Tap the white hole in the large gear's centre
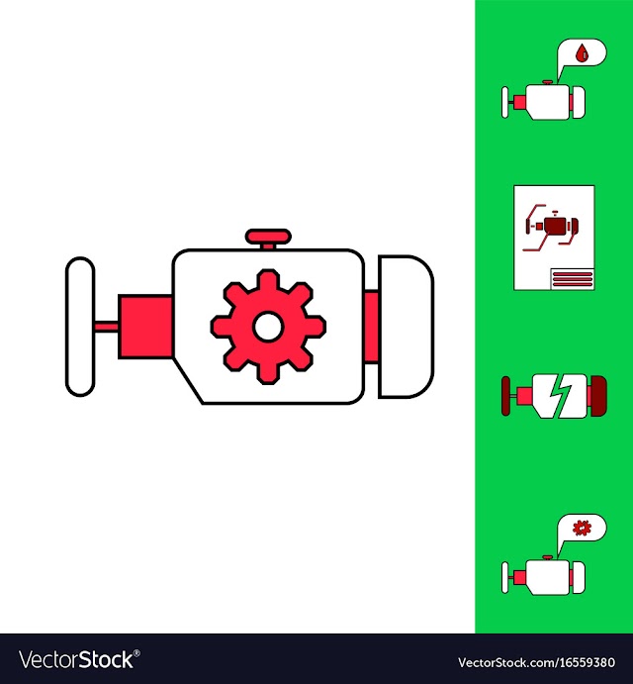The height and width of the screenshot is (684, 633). (268, 327)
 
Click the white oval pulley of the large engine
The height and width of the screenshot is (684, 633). (80, 327)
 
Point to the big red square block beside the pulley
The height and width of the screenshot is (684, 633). (145, 327)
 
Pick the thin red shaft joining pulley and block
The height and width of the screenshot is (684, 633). (106, 327)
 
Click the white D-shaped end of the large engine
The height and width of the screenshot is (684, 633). (406, 327)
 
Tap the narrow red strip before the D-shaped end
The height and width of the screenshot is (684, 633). (372, 327)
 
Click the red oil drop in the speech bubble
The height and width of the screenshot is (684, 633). (582, 53)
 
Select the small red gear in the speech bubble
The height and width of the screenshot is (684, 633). (582, 529)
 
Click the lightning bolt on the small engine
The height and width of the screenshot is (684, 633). (560, 396)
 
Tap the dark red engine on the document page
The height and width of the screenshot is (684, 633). (552, 227)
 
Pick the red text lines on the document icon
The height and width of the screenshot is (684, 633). (572, 278)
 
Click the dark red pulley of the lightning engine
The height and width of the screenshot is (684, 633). (505, 396)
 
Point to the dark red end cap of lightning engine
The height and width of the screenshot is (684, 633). (598, 396)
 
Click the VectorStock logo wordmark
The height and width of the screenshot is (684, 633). (76, 659)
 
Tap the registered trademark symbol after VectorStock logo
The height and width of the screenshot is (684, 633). (136, 653)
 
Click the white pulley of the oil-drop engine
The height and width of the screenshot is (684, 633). (504, 103)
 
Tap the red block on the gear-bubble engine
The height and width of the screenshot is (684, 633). (520, 577)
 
